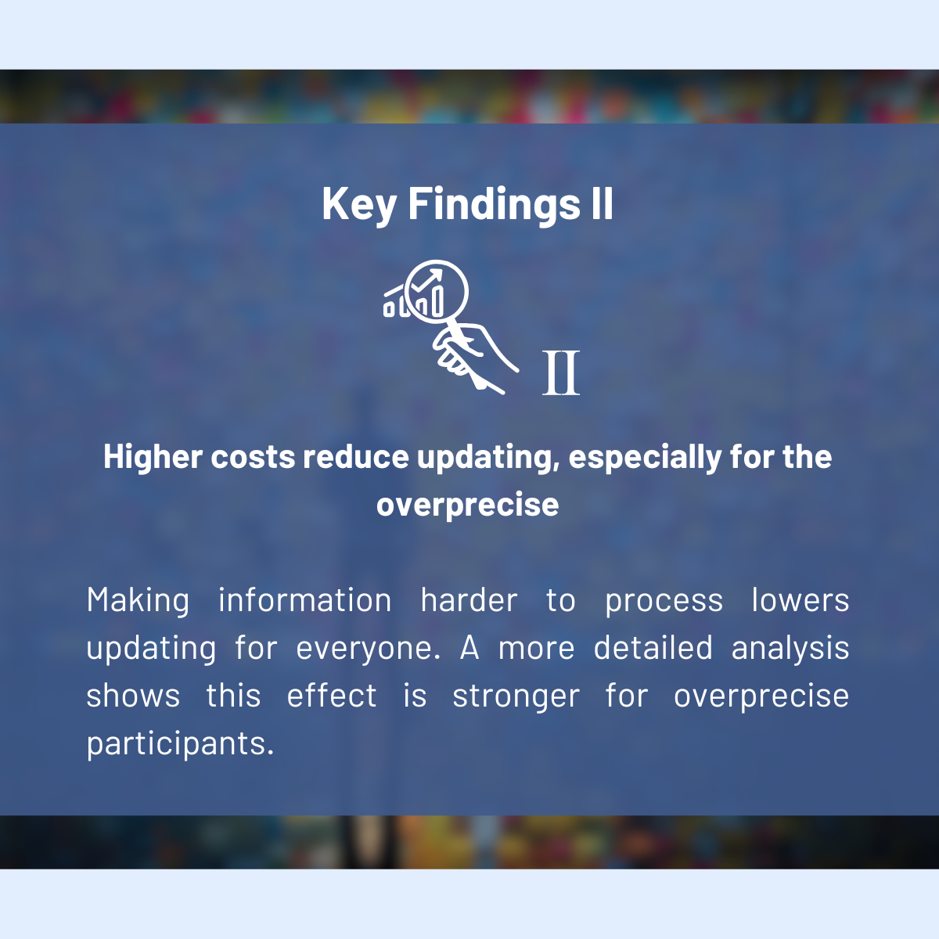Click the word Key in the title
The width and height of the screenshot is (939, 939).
[x=358, y=205]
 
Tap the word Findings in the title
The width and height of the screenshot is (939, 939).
[x=494, y=205]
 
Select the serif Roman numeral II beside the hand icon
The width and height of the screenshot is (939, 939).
[x=561, y=372]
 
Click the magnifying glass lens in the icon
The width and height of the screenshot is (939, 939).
[x=436, y=291]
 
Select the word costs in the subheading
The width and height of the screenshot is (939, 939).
[x=253, y=458]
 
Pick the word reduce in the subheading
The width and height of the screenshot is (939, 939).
[x=356, y=457]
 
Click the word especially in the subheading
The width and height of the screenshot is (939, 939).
[x=645, y=458]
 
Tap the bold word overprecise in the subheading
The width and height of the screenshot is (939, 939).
[x=467, y=505]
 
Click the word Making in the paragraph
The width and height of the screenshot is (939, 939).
[x=138, y=601]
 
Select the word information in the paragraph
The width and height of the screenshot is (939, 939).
[x=304, y=600]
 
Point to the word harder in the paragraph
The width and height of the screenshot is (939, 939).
[x=469, y=600]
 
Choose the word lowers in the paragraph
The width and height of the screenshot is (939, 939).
[x=800, y=600]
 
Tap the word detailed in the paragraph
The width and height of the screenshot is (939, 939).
[x=653, y=648]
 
